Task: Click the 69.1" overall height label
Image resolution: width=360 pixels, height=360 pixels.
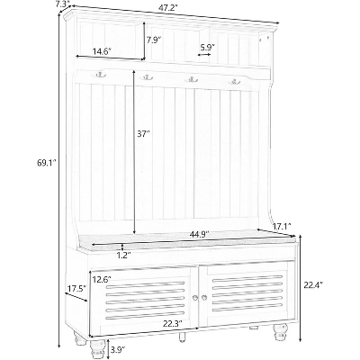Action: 46,163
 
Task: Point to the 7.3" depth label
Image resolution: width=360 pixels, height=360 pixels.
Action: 64,3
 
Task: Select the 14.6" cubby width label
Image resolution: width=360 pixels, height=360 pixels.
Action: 102,51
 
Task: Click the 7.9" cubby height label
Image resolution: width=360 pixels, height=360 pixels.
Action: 155,40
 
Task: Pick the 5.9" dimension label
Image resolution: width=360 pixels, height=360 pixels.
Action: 207,47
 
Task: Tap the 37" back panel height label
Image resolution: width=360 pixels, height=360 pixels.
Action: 144,134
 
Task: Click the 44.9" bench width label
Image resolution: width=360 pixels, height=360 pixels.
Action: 198,235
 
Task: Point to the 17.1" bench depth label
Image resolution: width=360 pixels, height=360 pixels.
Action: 283,226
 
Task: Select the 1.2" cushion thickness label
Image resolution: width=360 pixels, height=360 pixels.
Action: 122,256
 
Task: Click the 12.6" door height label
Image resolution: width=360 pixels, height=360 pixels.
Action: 102,279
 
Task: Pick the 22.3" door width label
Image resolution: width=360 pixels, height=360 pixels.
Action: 173,324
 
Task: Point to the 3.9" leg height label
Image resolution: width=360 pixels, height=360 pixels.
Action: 118,349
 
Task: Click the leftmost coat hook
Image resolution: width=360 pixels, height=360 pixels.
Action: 101,74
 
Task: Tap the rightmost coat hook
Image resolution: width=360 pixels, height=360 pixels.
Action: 234,81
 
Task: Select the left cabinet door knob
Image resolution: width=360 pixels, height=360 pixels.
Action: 195,297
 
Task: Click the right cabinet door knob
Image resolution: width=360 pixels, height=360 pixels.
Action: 204,297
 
